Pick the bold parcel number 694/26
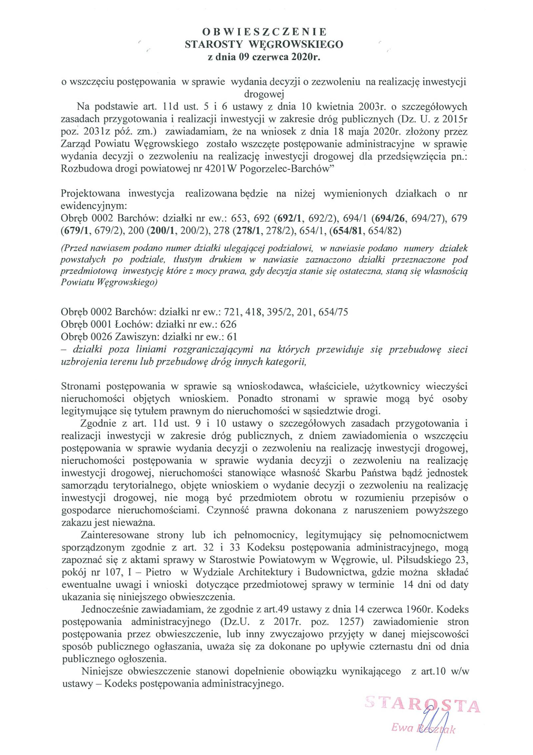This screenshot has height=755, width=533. tap(390, 218)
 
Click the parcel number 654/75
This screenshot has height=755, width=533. tap(333, 312)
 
